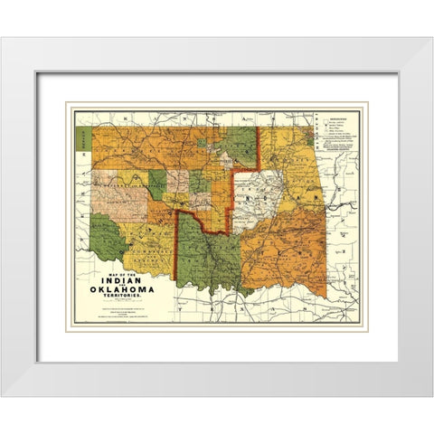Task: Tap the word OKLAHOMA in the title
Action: coord(121,290)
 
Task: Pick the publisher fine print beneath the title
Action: coord(120,312)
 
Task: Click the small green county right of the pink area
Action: coord(156,185)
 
